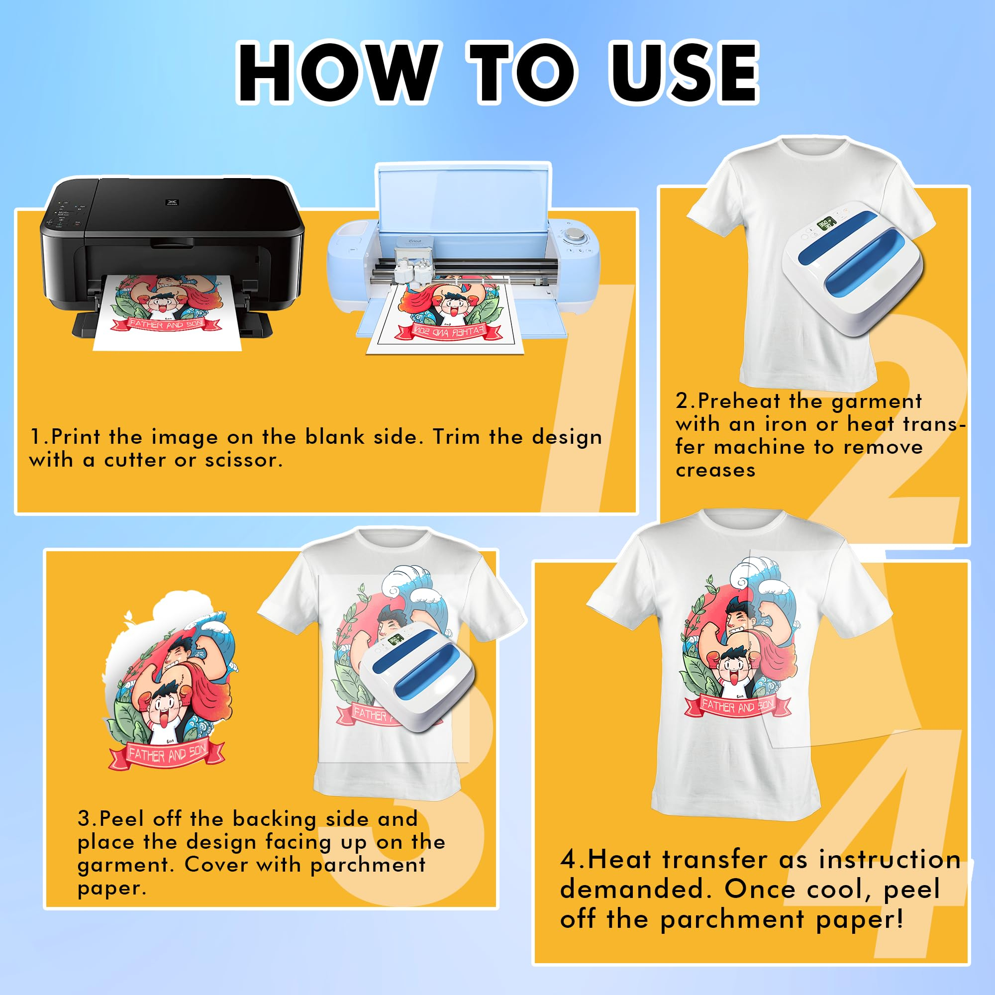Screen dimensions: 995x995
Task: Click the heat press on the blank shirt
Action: pyautogui.click(x=852, y=268)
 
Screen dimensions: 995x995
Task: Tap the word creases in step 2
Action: pyautogui.click(x=715, y=470)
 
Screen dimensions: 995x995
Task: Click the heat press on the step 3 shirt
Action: pyautogui.click(x=416, y=676)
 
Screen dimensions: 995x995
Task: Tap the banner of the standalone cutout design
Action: pyautogui.click(x=167, y=755)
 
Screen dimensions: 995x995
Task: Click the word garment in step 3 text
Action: pyautogui.click(x=122, y=865)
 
